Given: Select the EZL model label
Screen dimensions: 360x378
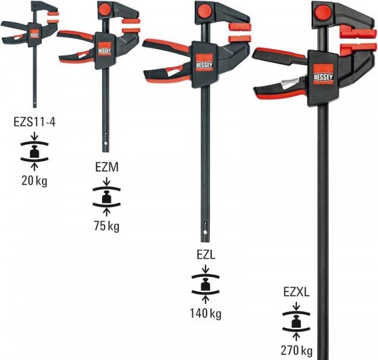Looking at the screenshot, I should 205,257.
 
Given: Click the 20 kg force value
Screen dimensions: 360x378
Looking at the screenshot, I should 34,183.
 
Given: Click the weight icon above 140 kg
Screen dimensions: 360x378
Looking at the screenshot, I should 205,285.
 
